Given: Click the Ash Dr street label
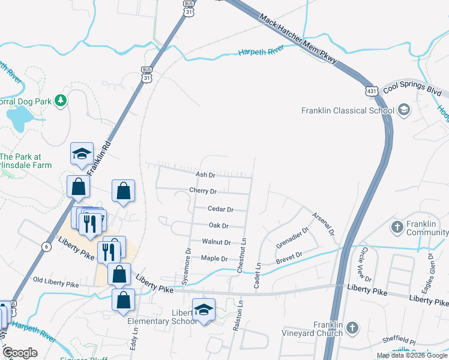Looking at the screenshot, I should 205,175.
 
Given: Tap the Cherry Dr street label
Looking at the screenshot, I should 202,191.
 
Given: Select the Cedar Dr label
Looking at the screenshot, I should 220,209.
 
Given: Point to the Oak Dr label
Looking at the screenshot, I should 218,226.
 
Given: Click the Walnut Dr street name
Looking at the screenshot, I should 216,242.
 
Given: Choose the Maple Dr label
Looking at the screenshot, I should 214,259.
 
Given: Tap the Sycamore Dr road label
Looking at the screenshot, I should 187,266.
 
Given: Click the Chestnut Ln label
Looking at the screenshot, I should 243,256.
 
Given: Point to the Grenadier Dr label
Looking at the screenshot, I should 292,237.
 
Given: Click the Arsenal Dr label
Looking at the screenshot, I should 323,223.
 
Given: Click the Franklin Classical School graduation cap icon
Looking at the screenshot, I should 403,110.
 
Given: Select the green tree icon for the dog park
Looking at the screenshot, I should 60,100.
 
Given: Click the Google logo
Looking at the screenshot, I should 20,353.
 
